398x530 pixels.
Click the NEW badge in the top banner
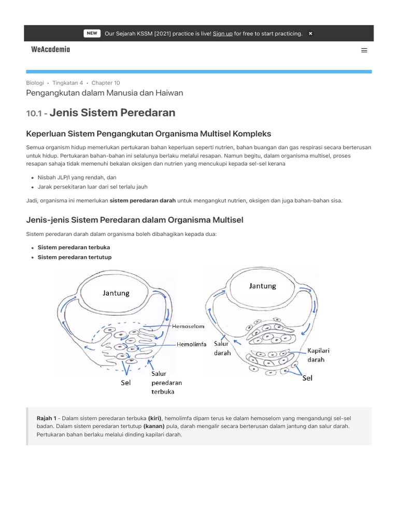pos(92,33)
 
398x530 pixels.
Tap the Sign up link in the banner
pos(222,34)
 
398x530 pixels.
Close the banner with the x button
pos(310,34)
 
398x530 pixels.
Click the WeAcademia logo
pos(50,50)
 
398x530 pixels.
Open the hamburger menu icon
pos(364,50)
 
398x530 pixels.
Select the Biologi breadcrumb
pos(35,83)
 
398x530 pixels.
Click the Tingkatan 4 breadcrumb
pos(67,83)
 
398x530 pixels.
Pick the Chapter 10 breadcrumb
pos(106,83)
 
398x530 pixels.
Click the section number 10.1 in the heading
pos(35,113)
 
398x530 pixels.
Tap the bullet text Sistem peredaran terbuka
pos(74,247)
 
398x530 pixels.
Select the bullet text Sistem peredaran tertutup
pos(75,257)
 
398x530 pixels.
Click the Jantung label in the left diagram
pos(116,293)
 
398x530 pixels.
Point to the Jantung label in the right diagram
pos(262,286)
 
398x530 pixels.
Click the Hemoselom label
pos(188,327)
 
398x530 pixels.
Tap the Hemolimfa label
pos(192,344)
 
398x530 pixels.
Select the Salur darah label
pos(223,348)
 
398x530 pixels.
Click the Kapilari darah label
pos(318,355)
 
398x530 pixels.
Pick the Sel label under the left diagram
pos(125,383)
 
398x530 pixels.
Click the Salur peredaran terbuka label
pos(166,382)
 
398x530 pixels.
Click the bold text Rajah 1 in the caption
pos(46,418)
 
